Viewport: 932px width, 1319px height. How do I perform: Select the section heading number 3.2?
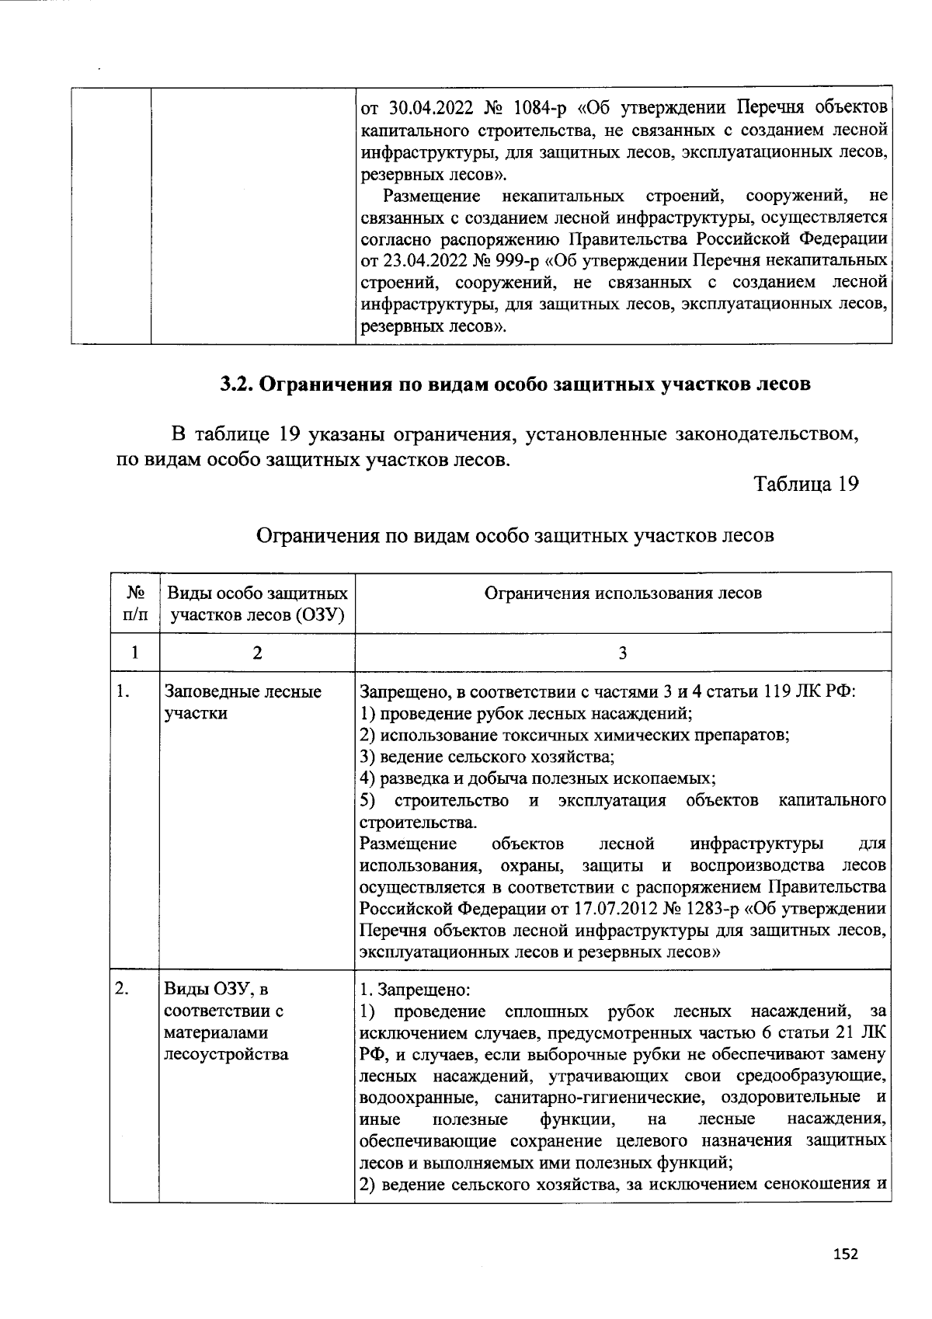tap(235, 385)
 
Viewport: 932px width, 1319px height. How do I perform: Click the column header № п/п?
tap(134, 604)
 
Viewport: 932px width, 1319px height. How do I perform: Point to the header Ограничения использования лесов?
tap(623, 593)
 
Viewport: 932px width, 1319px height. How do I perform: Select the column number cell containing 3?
tap(622, 653)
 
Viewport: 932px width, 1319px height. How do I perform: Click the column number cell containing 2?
tap(257, 653)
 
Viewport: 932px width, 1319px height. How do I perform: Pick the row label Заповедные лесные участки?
tap(242, 702)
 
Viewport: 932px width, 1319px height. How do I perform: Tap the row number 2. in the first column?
tap(122, 988)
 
